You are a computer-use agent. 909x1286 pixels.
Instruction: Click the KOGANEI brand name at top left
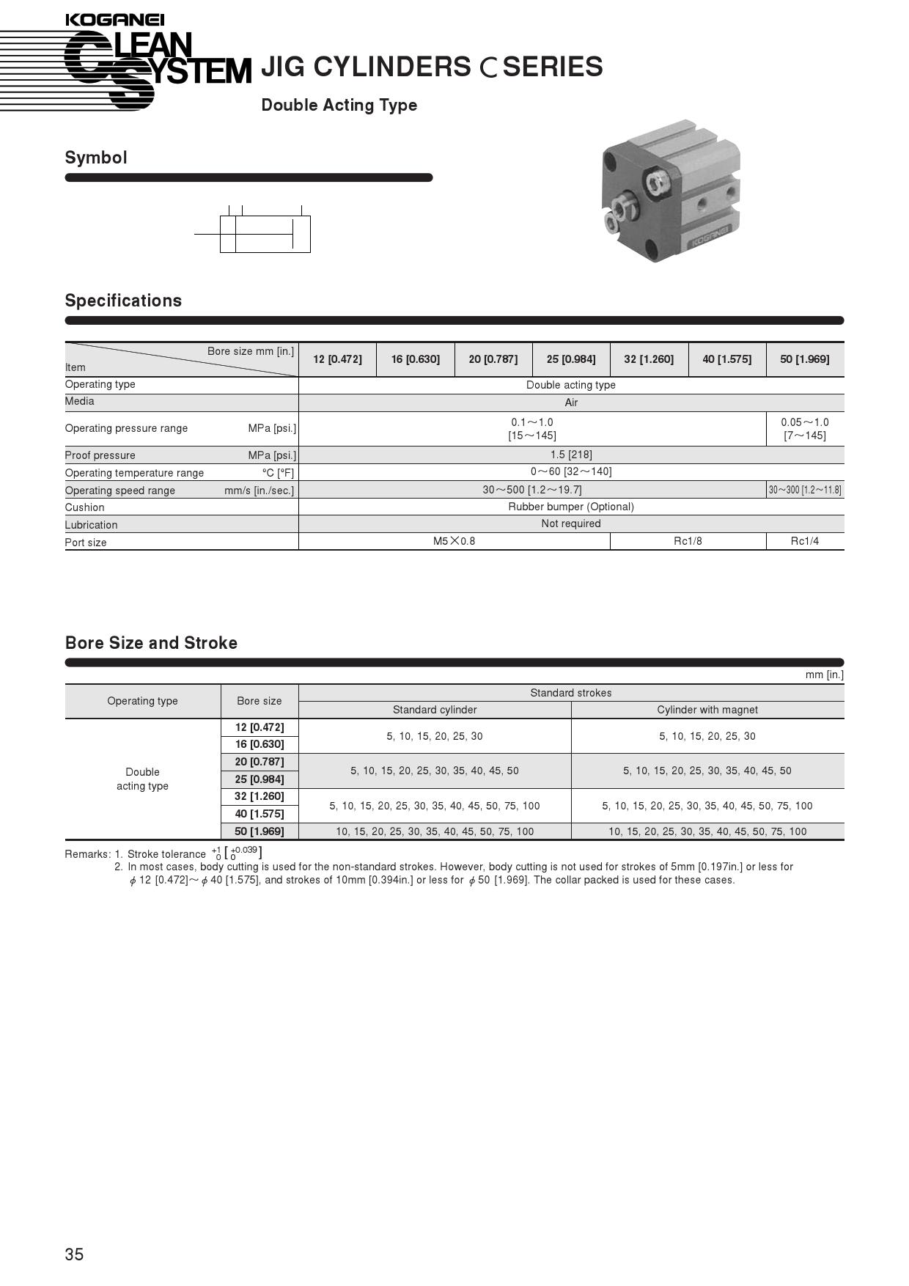click(x=114, y=20)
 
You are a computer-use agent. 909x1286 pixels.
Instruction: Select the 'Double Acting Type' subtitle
click(x=339, y=105)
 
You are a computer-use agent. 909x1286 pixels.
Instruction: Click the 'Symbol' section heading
click(x=96, y=158)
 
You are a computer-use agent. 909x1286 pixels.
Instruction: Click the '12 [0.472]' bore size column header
click(x=337, y=359)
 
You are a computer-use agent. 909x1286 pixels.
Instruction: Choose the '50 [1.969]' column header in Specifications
click(x=804, y=359)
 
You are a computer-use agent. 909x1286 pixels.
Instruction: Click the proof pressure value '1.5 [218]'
click(x=571, y=455)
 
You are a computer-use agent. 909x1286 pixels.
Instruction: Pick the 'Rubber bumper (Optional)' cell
click(x=571, y=507)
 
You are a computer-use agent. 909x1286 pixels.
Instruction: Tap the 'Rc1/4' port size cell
click(x=804, y=541)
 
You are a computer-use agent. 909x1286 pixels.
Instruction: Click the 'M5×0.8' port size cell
click(x=454, y=541)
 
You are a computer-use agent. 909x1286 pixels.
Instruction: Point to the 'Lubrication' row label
click(x=91, y=525)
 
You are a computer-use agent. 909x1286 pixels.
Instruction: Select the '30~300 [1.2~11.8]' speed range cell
click(x=804, y=490)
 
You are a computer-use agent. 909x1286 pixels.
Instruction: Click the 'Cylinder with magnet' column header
click(x=707, y=710)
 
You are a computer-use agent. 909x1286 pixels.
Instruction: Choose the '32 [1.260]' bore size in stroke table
click(x=260, y=796)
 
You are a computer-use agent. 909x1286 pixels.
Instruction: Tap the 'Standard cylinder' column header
click(x=435, y=710)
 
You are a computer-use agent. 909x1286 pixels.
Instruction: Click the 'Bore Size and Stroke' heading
click(x=151, y=643)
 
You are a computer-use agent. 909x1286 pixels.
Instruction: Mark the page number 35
click(x=74, y=1254)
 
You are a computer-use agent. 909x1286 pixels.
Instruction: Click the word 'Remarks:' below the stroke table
click(x=87, y=854)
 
